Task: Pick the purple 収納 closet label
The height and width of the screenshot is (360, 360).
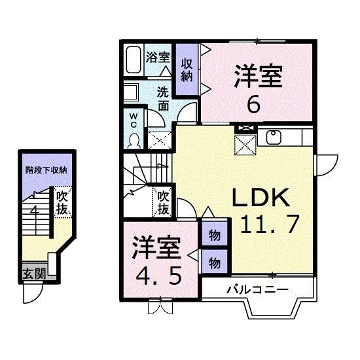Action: (187, 69)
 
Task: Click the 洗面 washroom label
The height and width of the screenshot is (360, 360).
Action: (164, 98)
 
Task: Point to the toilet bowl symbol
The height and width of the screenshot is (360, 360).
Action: (134, 141)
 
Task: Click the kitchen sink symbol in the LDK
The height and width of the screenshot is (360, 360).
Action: (272, 137)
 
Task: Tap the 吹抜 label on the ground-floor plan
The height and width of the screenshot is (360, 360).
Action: (62, 202)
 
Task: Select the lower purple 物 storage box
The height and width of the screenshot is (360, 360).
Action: (214, 262)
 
